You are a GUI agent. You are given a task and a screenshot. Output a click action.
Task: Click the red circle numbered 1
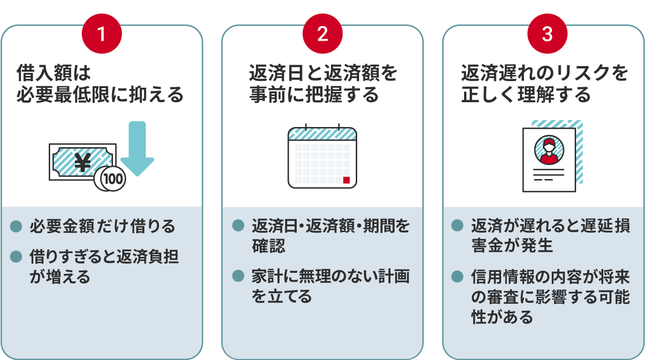(102, 34)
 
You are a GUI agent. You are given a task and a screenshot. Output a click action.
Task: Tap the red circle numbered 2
(322, 34)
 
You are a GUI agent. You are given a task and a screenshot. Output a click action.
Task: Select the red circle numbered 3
(547, 34)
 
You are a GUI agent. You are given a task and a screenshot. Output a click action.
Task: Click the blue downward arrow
(137, 148)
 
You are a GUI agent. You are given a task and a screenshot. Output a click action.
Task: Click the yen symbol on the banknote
(82, 162)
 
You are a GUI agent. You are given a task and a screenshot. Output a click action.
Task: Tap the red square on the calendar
(346, 180)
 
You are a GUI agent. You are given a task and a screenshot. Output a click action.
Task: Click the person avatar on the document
(549, 150)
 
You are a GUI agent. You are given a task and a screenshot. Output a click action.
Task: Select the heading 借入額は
(54, 73)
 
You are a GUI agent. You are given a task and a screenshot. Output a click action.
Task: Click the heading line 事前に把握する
(314, 95)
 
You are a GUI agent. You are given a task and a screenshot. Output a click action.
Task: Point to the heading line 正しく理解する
(526, 95)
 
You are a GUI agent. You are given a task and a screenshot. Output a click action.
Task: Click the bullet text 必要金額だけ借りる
(103, 226)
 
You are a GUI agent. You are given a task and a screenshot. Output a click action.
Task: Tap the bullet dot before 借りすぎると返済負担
(16, 256)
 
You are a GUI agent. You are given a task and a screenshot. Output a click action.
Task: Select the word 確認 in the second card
(269, 246)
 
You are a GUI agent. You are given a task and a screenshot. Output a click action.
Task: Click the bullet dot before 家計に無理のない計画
(238, 276)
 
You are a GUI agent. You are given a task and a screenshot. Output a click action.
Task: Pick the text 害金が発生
(512, 245)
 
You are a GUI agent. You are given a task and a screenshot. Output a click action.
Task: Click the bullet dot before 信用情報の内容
(457, 277)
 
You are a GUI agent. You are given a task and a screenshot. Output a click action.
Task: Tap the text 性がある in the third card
(502, 317)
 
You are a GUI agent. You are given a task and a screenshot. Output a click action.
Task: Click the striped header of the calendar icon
(322, 134)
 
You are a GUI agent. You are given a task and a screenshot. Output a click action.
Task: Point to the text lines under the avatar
(548, 174)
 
